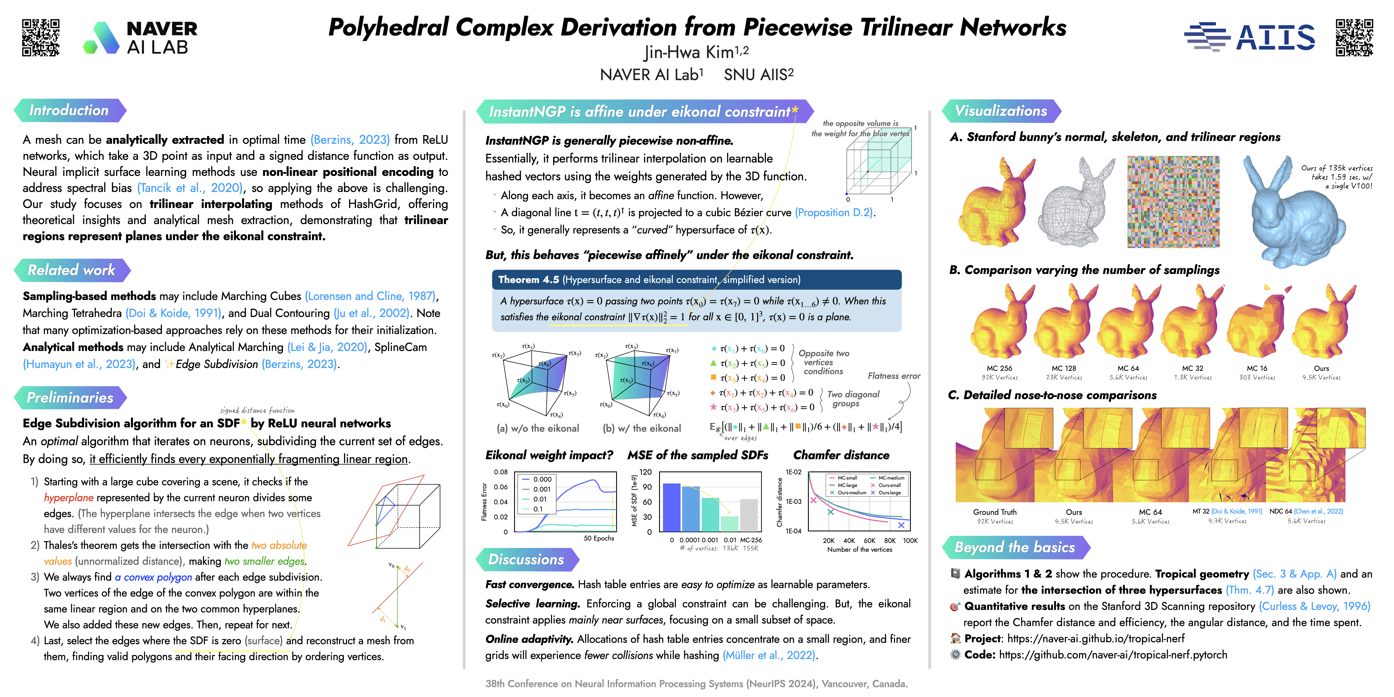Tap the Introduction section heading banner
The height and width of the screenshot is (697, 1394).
pyautogui.click(x=69, y=110)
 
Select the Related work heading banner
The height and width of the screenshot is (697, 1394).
pyautogui.click(x=71, y=270)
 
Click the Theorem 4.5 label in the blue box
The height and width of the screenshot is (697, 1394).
pyautogui.click(x=528, y=280)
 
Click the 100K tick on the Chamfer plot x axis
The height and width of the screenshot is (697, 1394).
pyautogui.click(x=910, y=541)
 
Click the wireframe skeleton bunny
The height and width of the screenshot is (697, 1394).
pyautogui.click(x=1077, y=203)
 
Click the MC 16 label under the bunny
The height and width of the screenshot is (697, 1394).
pyautogui.click(x=1257, y=368)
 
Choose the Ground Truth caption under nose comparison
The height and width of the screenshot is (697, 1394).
pyautogui.click(x=995, y=512)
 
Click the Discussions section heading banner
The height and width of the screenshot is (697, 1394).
pyautogui.click(x=526, y=560)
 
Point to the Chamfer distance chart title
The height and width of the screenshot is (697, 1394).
pyautogui.click(x=841, y=455)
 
